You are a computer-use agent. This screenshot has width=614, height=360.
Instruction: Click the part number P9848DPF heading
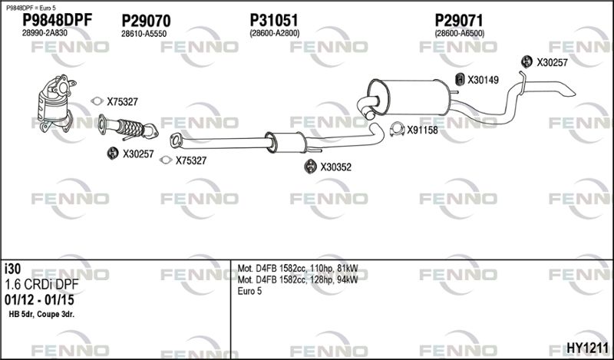(57, 20)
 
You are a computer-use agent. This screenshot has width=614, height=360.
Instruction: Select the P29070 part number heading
(146, 21)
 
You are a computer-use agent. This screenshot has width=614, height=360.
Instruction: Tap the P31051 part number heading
(274, 20)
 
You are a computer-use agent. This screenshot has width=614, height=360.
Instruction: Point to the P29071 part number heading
(459, 20)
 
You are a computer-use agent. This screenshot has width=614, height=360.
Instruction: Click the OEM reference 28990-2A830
(45, 33)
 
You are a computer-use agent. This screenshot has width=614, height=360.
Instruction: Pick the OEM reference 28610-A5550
(144, 34)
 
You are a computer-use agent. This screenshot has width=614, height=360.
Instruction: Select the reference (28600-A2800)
(274, 34)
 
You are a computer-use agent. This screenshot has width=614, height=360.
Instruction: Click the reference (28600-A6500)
(459, 34)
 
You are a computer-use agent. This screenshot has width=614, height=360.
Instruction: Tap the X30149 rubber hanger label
(484, 80)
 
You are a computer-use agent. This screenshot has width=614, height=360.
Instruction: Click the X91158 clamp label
(423, 130)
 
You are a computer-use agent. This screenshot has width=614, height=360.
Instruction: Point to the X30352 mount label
(336, 167)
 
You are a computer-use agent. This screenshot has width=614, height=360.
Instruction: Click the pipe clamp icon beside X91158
(397, 130)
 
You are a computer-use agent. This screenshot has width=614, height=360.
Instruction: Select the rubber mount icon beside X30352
(310, 167)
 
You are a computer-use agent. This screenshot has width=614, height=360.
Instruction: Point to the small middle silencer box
(286, 142)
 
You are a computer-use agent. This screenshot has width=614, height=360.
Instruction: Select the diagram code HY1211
(587, 348)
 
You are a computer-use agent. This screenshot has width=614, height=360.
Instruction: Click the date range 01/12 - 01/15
(39, 300)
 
